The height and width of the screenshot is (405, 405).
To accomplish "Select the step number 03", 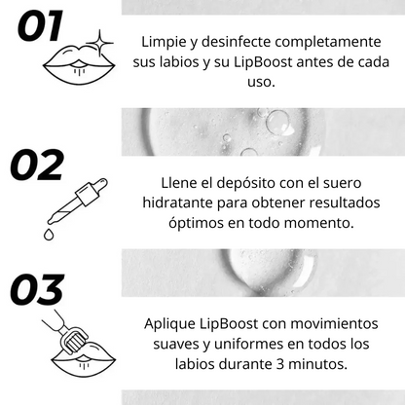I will [x=51, y=290].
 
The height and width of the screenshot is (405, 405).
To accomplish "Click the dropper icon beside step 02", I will [x=74, y=202].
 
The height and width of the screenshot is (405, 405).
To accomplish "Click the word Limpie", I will [x=164, y=44].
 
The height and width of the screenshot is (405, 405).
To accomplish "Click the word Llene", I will [x=181, y=183].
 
